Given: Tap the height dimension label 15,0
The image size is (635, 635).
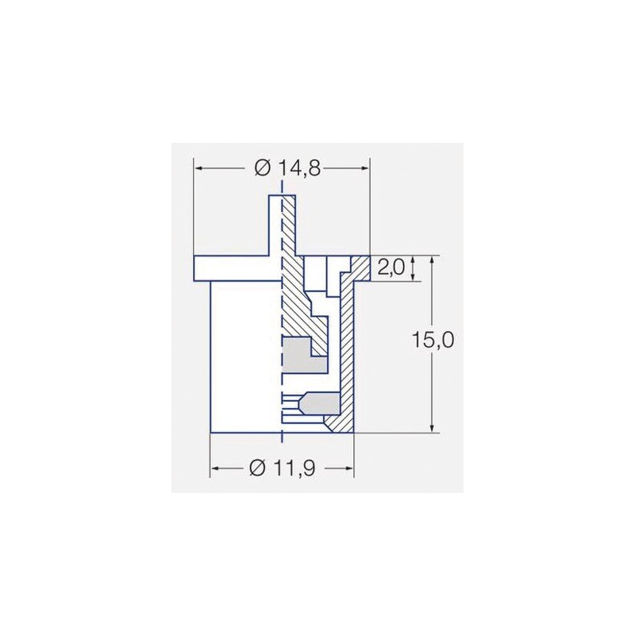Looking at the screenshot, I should pyautogui.click(x=433, y=341).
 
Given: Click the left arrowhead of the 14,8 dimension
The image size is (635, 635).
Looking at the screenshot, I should pyautogui.click(x=199, y=168).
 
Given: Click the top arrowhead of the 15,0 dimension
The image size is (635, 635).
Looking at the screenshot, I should pyautogui.click(x=431, y=261).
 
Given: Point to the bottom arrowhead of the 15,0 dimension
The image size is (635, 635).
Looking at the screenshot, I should pyautogui.click(x=431, y=428).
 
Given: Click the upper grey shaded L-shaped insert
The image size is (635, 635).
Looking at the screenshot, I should pyautogui.click(x=302, y=354).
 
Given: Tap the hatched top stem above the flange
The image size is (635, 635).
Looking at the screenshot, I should pyautogui.click(x=287, y=226).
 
